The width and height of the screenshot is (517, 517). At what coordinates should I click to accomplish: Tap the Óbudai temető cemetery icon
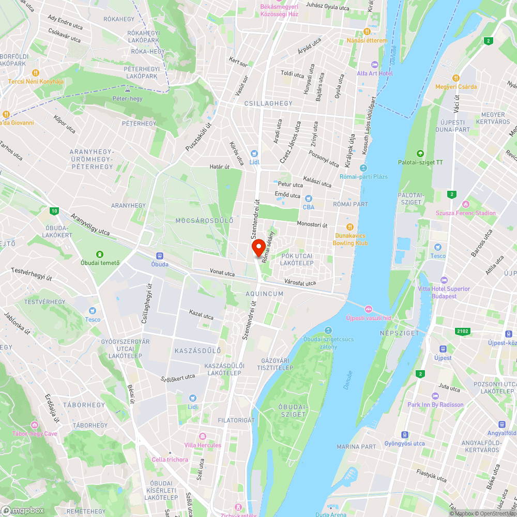[100, 254]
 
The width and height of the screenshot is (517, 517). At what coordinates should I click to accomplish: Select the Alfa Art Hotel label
[375, 73]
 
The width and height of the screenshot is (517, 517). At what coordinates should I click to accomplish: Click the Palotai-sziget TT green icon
[420, 153]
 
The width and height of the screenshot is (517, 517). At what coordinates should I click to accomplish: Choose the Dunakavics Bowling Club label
[350, 239]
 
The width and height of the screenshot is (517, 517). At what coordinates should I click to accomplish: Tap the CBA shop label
[309, 207]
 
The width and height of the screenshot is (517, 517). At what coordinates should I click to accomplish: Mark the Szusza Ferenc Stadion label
[465, 213]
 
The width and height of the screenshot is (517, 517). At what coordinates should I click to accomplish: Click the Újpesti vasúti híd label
[368, 317]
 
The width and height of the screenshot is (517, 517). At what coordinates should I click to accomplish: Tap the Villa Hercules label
[202, 445]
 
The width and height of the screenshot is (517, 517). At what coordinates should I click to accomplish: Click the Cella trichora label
[170, 460]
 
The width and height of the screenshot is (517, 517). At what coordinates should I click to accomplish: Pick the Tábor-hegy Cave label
[35, 433]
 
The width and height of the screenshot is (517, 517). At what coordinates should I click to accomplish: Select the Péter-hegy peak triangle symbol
[127, 90]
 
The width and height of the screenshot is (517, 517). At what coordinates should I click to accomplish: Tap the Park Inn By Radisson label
[435, 405]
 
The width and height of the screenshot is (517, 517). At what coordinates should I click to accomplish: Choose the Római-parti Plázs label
[363, 176]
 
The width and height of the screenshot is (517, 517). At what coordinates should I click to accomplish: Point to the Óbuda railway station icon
[159, 255]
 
